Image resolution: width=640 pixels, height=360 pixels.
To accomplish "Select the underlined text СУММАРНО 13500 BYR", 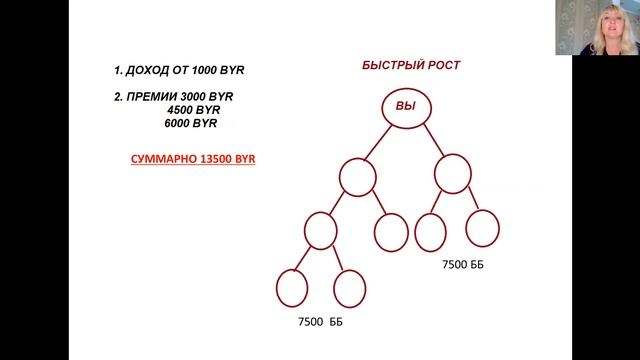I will (193, 158).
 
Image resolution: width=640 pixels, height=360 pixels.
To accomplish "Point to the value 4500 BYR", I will (199, 110).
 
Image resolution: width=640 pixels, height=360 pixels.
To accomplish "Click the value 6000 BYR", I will (191, 124).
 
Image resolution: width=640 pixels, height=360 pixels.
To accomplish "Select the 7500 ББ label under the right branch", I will (462, 266).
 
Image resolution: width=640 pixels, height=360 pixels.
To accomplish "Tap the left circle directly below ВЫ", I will (357, 178).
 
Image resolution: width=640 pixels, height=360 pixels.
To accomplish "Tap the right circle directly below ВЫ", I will (452, 173).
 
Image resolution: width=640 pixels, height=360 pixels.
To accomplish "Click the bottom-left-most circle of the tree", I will (291, 289).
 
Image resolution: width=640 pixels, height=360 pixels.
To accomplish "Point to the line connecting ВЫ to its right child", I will (431, 141).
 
